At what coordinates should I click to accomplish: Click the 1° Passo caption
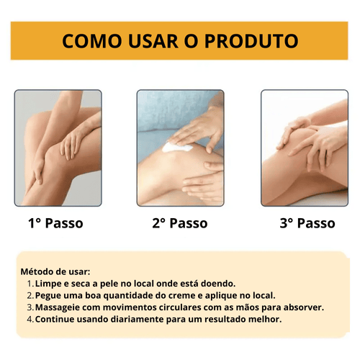[x=55, y=223]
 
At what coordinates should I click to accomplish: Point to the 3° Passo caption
[x=307, y=223]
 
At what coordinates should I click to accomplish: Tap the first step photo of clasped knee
[x=57, y=148]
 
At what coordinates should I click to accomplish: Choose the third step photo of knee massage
[x=304, y=148]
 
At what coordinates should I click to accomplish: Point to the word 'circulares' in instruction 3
[x=181, y=307]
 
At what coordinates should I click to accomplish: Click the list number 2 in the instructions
[x=30, y=295]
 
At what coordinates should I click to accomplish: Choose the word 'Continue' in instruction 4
[x=58, y=319]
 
